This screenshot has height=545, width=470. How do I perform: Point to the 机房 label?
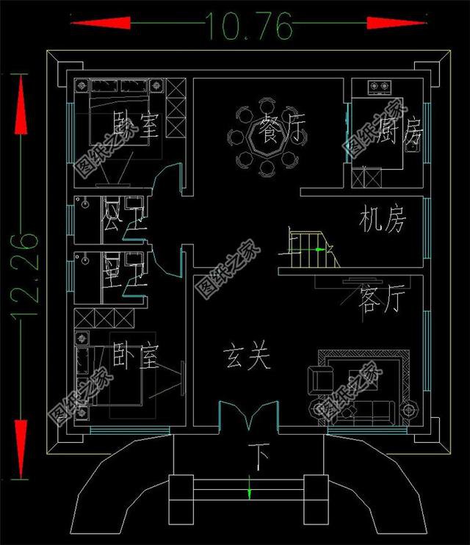(x=382, y=220)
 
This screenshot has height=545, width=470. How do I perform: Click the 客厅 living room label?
(x=381, y=300)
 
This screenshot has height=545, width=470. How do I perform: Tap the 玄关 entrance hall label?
(x=247, y=358)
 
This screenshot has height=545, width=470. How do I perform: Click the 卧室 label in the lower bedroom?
(x=136, y=358)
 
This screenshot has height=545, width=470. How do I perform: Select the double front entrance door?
(x=249, y=415)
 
